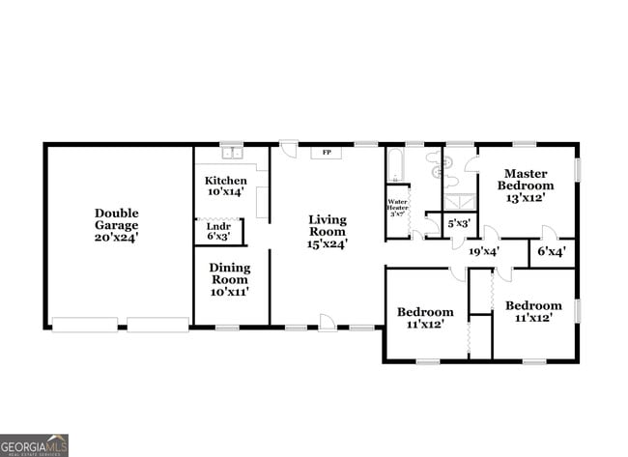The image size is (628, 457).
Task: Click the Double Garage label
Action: click(x=116, y=225)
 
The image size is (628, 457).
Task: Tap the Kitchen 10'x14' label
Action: click(x=224, y=186)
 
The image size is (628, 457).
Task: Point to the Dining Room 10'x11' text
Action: click(x=230, y=279)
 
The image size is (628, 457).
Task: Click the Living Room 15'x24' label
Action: click(x=328, y=231)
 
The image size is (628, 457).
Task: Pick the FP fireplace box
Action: click(x=327, y=153)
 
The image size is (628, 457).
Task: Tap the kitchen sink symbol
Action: click(x=232, y=153)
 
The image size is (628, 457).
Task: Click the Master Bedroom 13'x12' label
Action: click(x=527, y=185)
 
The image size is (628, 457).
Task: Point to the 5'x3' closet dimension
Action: click(x=459, y=223)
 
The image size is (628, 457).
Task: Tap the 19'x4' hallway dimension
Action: click(x=483, y=251)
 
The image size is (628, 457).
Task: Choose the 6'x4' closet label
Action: click(x=551, y=251)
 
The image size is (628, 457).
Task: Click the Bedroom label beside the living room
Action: click(x=426, y=318)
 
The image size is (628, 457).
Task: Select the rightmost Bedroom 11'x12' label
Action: click(x=532, y=311)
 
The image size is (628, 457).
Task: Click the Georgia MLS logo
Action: click(x=35, y=444)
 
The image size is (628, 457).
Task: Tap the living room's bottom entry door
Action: click(x=328, y=323)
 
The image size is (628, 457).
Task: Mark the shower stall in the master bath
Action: click(x=459, y=202)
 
